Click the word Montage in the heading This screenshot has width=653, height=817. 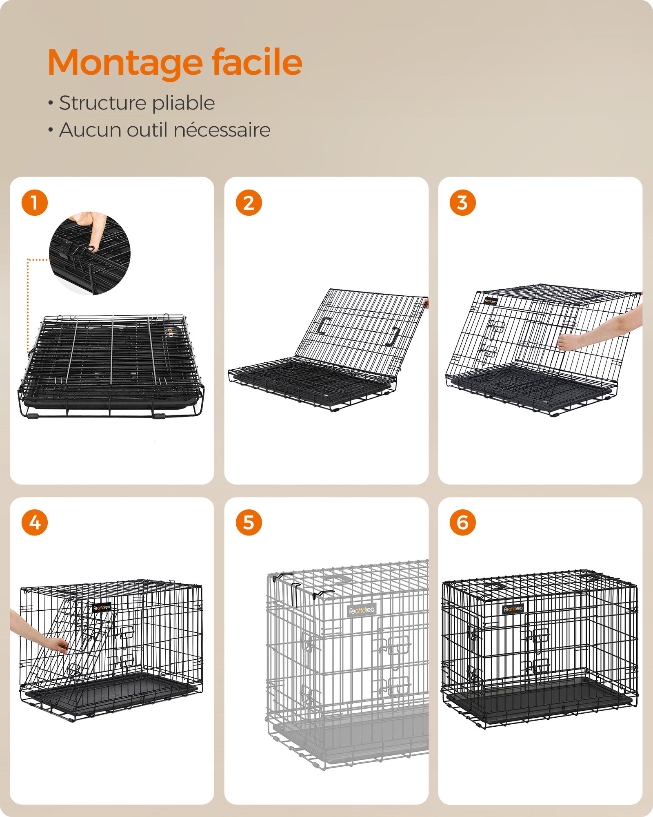click(125, 63)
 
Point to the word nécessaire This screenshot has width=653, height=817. click(222, 130)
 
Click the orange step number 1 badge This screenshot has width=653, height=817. click(35, 203)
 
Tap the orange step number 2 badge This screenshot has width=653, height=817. click(249, 203)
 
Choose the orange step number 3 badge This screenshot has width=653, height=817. click(462, 203)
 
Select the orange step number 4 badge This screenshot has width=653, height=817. click(35, 522)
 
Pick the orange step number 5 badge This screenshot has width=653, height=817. click(249, 522)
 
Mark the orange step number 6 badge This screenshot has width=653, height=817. click(462, 522)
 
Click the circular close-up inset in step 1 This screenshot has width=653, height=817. click(90, 253)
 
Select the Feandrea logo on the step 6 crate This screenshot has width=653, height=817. click(513, 609)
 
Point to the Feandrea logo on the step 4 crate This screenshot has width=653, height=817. click(102, 607)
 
